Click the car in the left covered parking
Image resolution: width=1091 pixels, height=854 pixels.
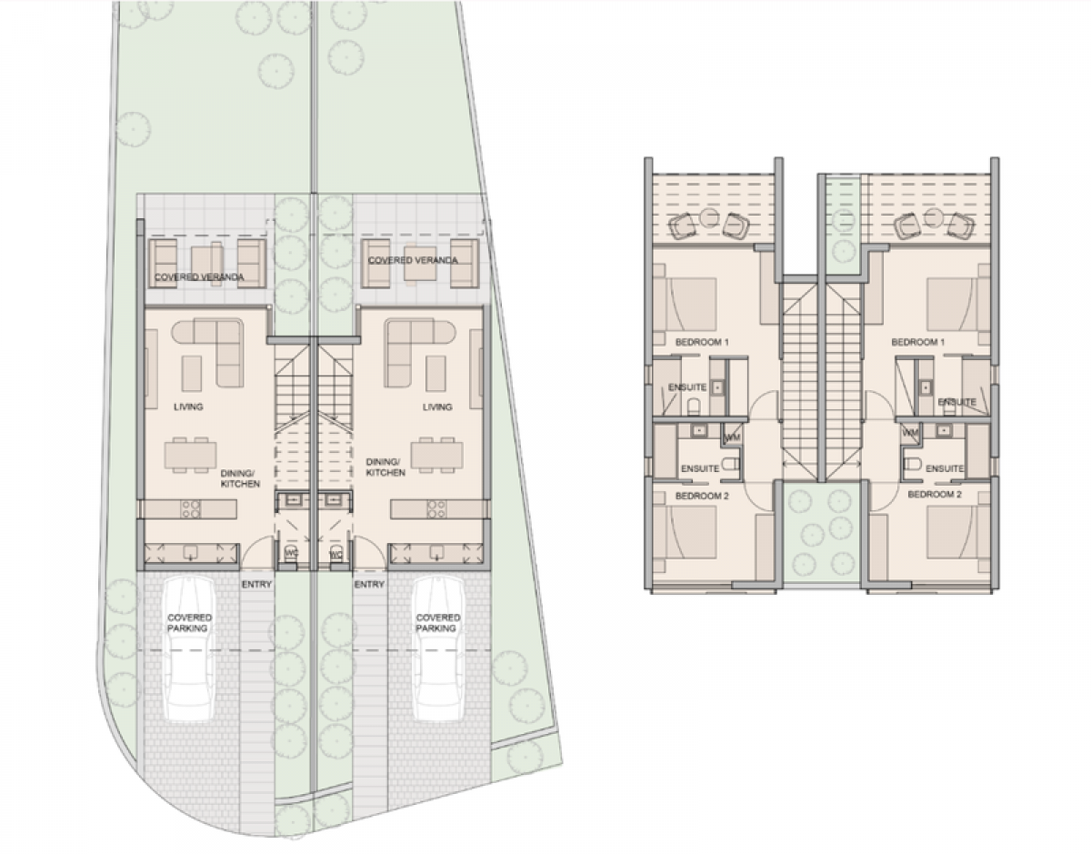[190, 649]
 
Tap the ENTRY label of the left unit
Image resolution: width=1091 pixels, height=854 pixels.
[256, 585]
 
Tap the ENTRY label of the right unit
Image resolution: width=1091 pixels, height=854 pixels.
[369, 585]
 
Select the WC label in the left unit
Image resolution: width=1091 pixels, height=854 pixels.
[292, 553]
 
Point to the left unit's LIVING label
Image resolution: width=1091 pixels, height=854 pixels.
[188, 407]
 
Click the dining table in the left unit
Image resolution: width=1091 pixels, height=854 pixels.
[191, 456]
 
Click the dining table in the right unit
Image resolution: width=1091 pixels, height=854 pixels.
[436, 456]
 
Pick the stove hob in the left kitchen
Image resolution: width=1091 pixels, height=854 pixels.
[191, 509]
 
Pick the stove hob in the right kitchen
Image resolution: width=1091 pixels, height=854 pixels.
[436, 509]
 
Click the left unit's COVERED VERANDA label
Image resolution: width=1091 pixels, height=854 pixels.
[199, 277]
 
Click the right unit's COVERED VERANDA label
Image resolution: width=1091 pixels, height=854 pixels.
[413, 260]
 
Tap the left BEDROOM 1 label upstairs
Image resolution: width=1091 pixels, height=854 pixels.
[702, 342]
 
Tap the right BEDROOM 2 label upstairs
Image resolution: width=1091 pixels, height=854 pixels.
[935, 494]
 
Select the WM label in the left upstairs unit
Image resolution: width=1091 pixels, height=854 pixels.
[733, 437]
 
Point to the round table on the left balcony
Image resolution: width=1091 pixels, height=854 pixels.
[710, 219]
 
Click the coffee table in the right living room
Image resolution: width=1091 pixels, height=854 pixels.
[435, 374]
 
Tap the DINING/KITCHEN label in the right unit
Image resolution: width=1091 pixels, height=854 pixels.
[385, 467]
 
